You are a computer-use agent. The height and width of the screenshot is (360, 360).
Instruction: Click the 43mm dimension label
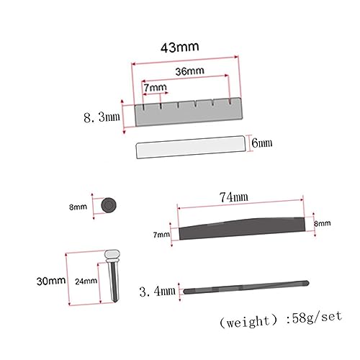click(x=180, y=48)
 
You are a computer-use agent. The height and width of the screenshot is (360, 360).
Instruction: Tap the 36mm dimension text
click(x=189, y=71)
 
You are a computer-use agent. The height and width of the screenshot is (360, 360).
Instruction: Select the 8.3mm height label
click(x=102, y=117)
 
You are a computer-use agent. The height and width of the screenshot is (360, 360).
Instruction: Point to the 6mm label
click(x=262, y=143)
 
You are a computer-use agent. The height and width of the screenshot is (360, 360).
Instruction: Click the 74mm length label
click(x=234, y=197)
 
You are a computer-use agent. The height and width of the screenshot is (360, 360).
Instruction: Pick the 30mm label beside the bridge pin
click(x=51, y=281)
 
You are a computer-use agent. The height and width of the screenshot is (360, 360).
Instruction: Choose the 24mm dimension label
click(x=86, y=282)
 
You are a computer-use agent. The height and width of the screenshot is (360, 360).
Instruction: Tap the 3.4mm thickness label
click(x=158, y=292)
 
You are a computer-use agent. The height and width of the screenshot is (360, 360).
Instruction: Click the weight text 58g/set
click(x=317, y=318)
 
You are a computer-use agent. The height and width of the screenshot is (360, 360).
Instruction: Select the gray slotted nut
click(x=189, y=112)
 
